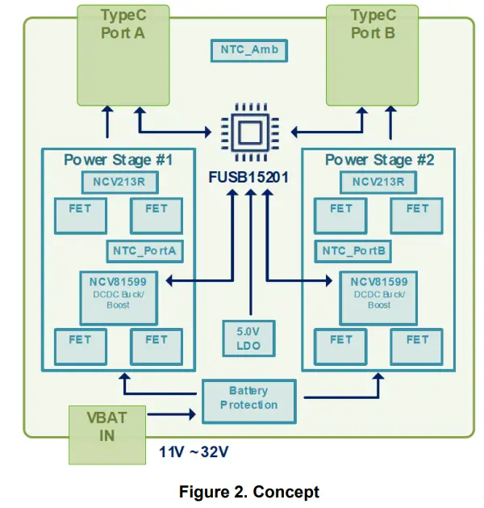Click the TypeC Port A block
coord(123,55)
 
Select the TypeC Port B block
coord(372,55)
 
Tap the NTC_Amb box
coord(249,51)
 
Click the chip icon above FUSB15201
coord(250,132)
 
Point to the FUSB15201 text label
coord(248,177)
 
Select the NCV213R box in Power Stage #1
coord(119,183)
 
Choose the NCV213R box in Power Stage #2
coord(378,183)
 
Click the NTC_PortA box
coord(145,251)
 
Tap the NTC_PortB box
coord(353,251)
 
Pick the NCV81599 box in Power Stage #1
coord(119,298)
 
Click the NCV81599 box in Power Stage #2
coord(378,298)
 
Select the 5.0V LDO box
coord(248,338)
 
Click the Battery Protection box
coord(249,401)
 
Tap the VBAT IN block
coord(107,435)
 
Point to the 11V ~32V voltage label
coord(194,451)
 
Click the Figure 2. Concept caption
coord(249,492)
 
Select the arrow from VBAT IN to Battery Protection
coord(172,414)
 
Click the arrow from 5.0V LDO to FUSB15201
coord(251,252)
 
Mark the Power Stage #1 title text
coord(119,160)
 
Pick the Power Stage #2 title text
coord(379,160)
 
